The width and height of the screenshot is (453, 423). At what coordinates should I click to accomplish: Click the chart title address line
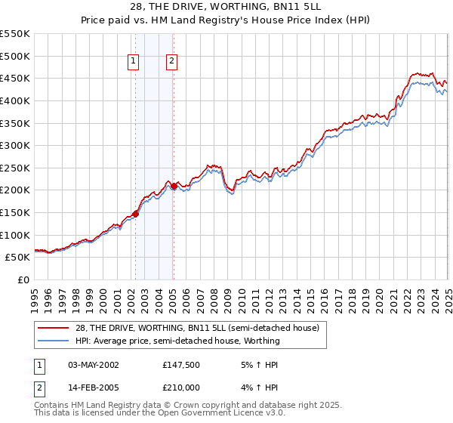226,7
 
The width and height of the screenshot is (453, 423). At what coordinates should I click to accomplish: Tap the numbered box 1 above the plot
134,62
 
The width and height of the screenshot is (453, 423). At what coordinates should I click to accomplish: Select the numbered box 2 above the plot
172,62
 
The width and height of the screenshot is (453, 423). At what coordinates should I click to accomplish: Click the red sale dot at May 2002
135,214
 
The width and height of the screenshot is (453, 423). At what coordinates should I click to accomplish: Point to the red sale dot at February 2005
174,186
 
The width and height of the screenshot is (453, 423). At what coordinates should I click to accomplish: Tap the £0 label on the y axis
23,279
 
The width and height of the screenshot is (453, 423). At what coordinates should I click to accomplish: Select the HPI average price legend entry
177,341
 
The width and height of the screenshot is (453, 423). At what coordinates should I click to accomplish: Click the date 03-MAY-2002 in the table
94,365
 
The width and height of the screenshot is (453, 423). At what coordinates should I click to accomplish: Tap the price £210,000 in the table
181,387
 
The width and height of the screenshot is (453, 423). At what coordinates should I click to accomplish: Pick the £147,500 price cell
181,365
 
